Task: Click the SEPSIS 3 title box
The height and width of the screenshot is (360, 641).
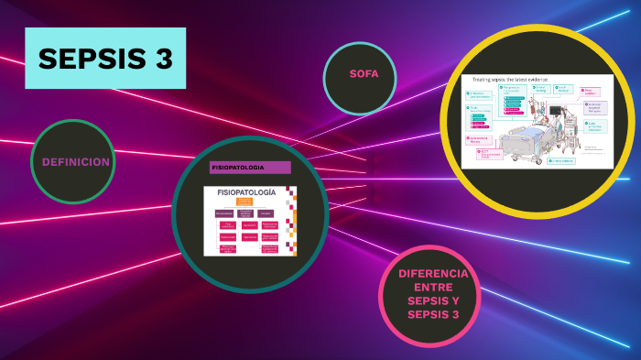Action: [x=105, y=58]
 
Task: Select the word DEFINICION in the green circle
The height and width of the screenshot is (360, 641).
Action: [x=75, y=162]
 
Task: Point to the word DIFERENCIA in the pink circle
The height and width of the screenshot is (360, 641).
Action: [x=433, y=274]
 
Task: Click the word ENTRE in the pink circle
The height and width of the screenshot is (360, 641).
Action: [x=433, y=288]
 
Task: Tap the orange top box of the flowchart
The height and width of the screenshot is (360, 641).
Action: [x=245, y=202]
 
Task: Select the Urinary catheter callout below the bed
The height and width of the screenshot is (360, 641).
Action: [x=560, y=160]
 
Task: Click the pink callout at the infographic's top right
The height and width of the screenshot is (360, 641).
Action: [x=591, y=92]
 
